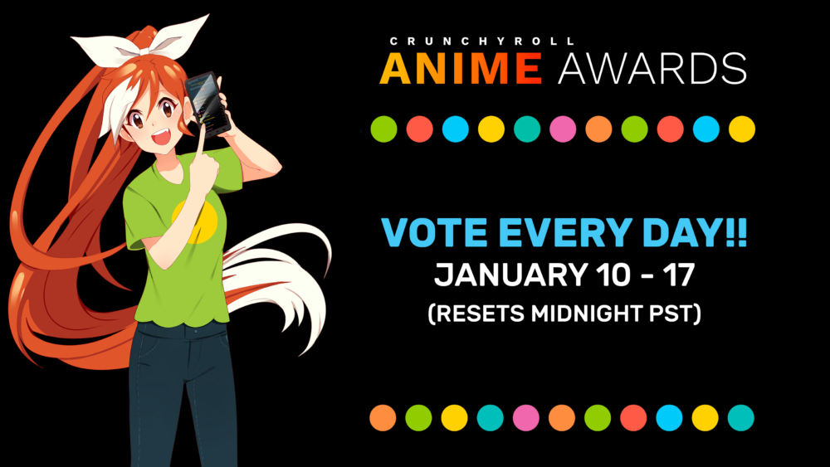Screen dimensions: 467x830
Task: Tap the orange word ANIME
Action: pyautogui.click(x=461, y=68)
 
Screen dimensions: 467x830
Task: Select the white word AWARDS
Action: pyautogui.click(x=652, y=68)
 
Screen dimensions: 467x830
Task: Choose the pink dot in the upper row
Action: pyautogui.click(x=563, y=129)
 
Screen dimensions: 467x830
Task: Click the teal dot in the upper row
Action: pyautogui.click(x=527, y=129)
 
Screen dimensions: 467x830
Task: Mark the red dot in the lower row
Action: pyautogui.click(x=633, y=418)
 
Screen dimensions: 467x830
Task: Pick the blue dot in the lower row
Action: pyautogui.click(x=669, y=418)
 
